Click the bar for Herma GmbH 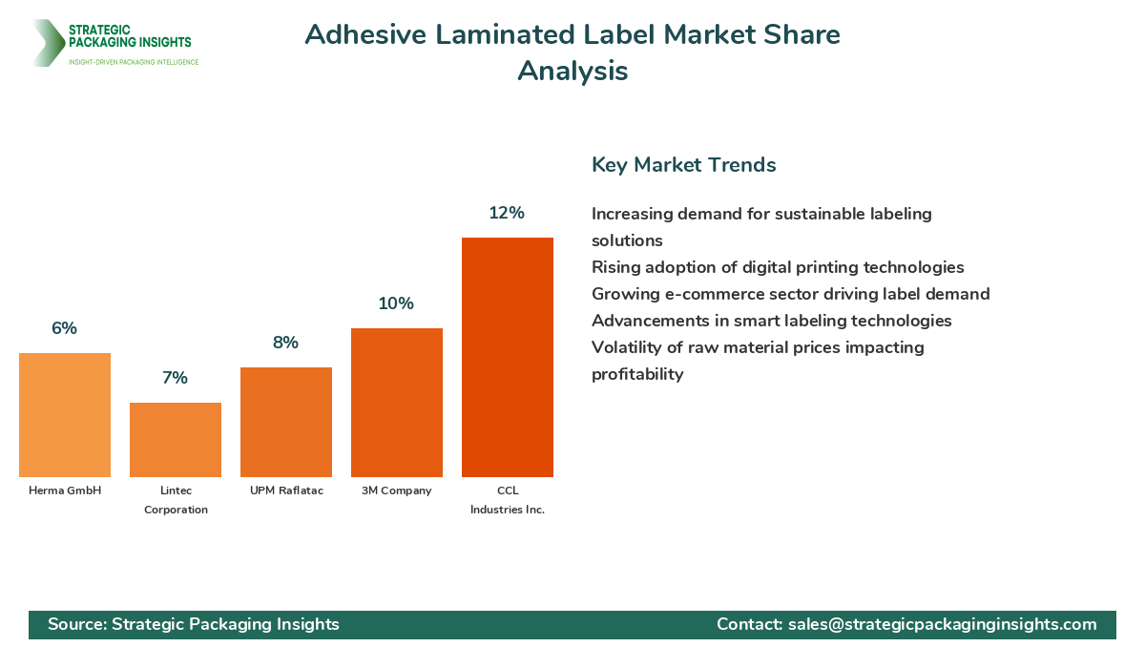click(x=65, y=415)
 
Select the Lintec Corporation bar click(x=176, y=440)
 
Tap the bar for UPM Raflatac click(x=286, y=422)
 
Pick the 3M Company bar click(x=397, y=403)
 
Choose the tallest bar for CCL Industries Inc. click(x=508, y=357)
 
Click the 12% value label click(x=507, y=213)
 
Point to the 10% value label click(x=396, y=303)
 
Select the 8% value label click(x=285, y=343)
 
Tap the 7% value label click(x=175, y=378)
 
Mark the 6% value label click(x=64, y=328)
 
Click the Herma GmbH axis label click(x=65, y=491)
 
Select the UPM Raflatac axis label click(x=286, y=491)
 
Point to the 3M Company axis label click(x=397, y=491)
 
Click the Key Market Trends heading click(x=683, y=164)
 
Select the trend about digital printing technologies click(x=778, y=267)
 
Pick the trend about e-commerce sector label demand click(x=790, y=294)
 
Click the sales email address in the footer click(x=942, y=624)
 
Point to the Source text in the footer click(x=194, y=624)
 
